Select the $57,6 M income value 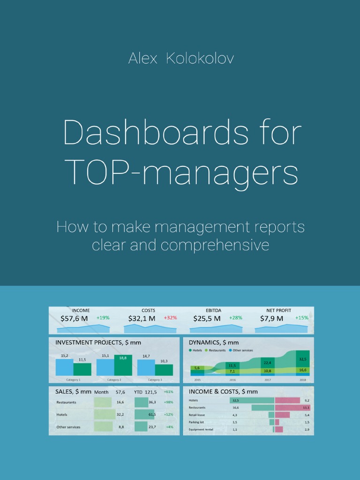pyautogui.click(x=74, y=318)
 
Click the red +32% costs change pyautogui.click(x=170, y=318)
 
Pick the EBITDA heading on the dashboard pyautogui.click(x=213, y=310)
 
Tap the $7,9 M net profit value pyautogui.click(x=272, y=318)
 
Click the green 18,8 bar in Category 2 pyautogui.click(x=123, y=366)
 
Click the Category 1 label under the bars pyautogui.click(x=73, y=380)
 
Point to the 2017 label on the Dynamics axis pyautogui.click(x=268, y=380)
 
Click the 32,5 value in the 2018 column pyautogui.click(x=303, y=359)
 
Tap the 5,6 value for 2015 pyautogui.click(x=197, y=368)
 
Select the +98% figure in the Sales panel pyautogui.click(x=168, y=402)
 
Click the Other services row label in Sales pyautogui.click(x=68, y=427)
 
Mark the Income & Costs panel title pyautogui.click(x=223, y=391)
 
